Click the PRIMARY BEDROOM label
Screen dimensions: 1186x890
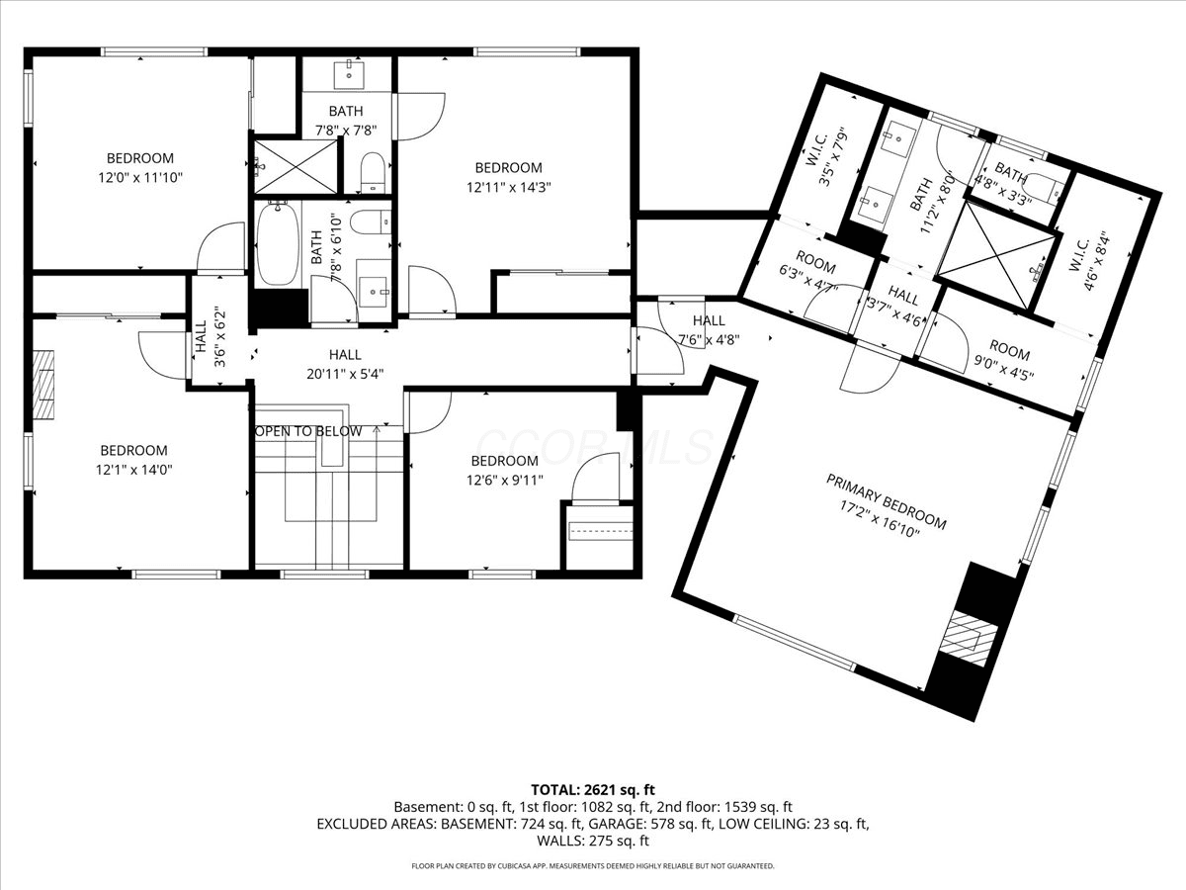click(887, 502)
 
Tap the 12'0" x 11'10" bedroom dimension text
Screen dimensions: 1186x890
click(140, 177)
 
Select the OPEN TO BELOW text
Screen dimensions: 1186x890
click(308, 431)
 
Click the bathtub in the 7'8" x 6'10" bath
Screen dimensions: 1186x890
click(278, 243)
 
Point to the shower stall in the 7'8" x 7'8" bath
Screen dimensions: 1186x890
click(296, 166)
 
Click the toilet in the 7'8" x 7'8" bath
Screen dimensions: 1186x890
click(372, 172)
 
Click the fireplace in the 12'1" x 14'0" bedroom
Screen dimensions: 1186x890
click(43, 385)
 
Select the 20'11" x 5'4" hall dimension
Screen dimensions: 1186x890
click(345, 374)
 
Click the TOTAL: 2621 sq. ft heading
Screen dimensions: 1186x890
click(593, 790)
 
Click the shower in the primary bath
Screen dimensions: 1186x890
click(997, 256)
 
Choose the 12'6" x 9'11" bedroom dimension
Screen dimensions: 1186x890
click(505, 480)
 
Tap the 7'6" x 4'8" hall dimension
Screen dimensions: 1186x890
click(709, 340)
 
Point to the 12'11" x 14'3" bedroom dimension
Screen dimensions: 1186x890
click(509, 188)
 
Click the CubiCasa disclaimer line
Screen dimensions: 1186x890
click(593, 866)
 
